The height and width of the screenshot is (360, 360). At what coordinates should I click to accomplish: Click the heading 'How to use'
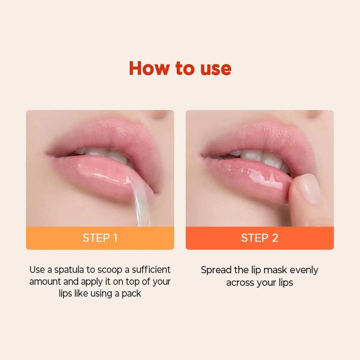(x=180, y=68)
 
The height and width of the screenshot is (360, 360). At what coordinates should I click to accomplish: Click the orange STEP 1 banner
(x=100, y=238)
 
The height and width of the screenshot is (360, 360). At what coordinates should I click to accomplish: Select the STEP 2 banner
(x=260, y=238)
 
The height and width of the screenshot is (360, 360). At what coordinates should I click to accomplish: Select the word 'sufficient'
(x=151, y=270)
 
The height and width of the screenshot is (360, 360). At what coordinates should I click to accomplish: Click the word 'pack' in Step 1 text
(x=131, y=293)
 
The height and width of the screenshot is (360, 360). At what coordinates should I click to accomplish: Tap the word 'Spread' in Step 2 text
(x=216, y=270)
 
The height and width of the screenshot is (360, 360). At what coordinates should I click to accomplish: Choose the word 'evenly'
(x=304, y=270)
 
